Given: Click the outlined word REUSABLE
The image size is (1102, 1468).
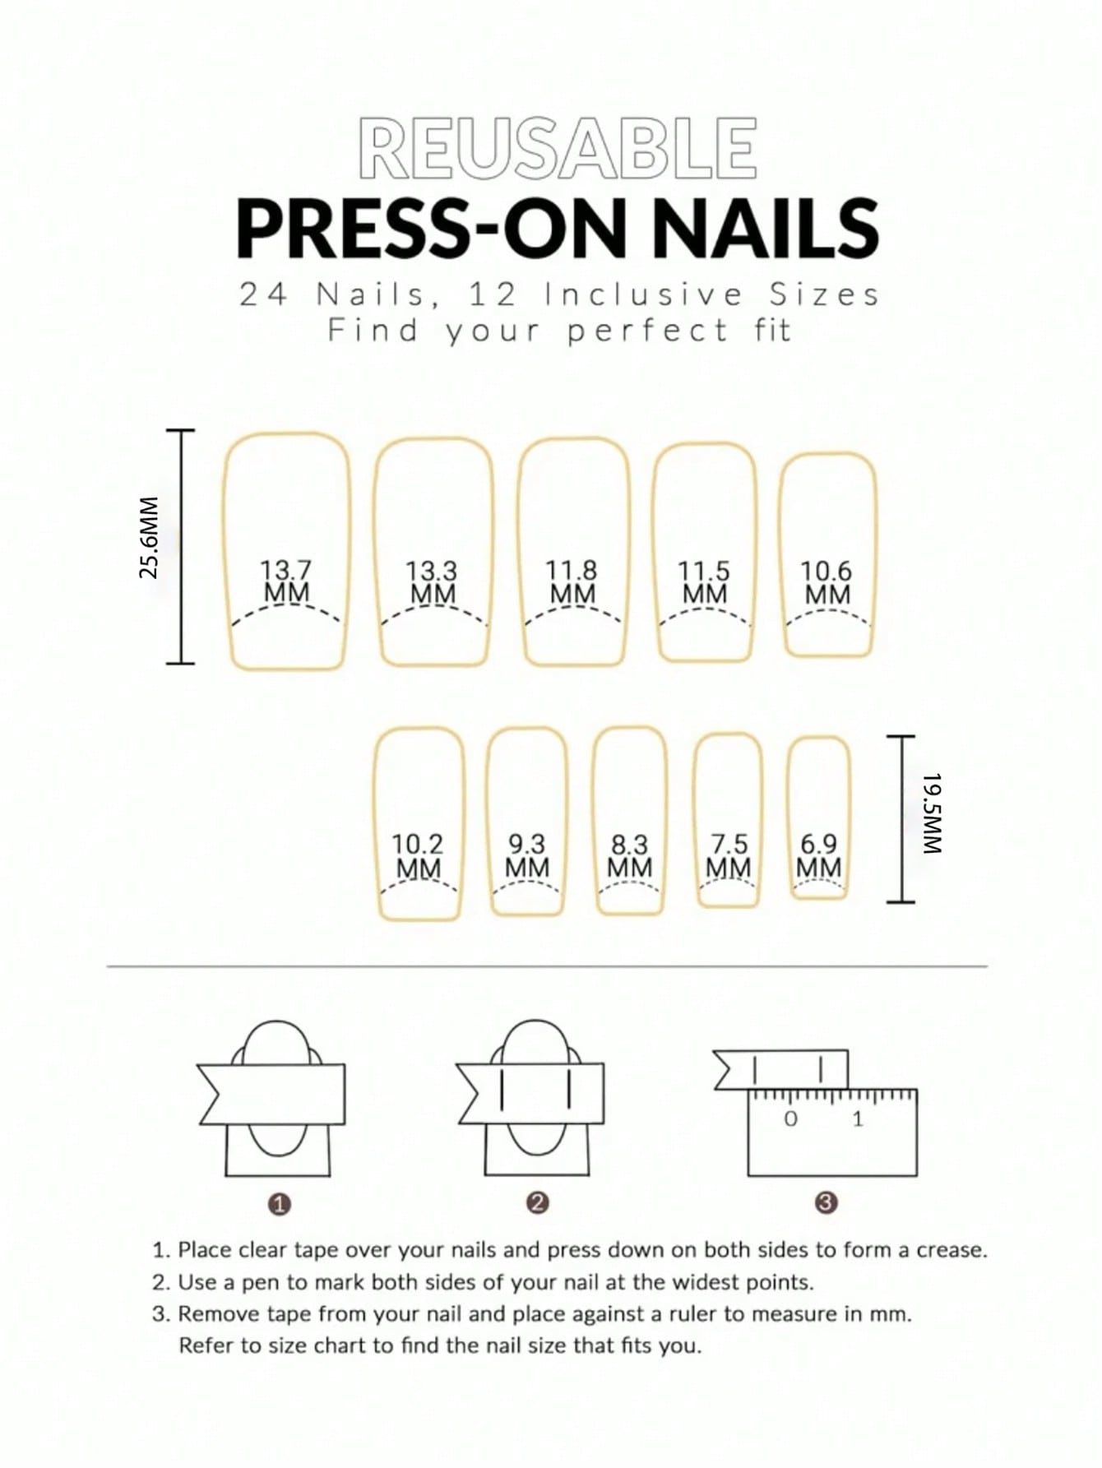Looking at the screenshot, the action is [x=558, y=148].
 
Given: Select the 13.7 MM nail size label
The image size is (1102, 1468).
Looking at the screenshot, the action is [x=286, y=581].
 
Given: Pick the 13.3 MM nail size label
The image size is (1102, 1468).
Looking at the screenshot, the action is [x=433, y=582].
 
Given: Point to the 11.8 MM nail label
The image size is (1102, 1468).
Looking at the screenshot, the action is [x=572, y=581].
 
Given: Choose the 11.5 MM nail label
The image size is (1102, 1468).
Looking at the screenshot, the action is [x=704, y=582].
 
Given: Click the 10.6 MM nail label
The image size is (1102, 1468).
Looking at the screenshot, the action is [x=826, y=582].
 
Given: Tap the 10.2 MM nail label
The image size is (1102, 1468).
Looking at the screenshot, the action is [x=418, y=856].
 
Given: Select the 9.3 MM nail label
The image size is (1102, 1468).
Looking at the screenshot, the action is [x=526, y=856].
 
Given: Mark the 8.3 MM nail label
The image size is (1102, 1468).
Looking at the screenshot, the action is [x=630, y=856].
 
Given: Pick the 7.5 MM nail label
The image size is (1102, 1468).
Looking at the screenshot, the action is [x=729, y=856].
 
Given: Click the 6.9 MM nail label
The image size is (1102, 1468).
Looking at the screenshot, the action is [x=819, y=856].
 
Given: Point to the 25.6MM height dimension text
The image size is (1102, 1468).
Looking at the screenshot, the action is [x=149, y=538].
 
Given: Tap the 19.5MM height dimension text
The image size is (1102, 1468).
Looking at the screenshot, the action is [x=931, y=813].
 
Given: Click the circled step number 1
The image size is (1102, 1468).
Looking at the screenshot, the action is [x=280, y=1205].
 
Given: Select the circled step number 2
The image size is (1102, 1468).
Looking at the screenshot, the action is [x=537, y=1203].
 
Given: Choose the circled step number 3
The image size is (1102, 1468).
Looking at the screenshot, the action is [x=826, y=1203].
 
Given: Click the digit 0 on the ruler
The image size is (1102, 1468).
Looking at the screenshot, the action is [x=791, y=1118].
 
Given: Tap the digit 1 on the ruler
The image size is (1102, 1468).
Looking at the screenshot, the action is [x=858, y=1118].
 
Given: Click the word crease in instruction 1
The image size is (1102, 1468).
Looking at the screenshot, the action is [x=950, y=1250].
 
